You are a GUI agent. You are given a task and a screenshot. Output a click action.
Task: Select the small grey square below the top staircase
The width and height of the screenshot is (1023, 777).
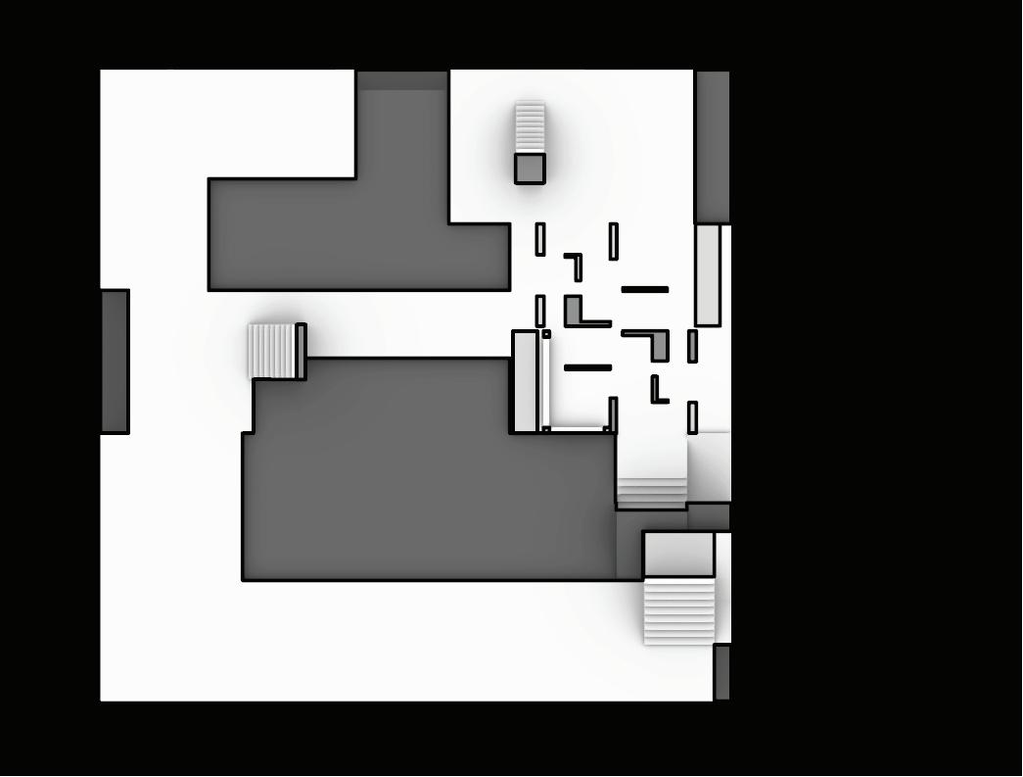530,169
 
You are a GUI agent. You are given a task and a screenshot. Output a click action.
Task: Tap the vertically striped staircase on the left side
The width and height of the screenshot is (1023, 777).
271,351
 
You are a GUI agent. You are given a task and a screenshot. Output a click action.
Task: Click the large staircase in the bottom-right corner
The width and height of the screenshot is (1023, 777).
678,610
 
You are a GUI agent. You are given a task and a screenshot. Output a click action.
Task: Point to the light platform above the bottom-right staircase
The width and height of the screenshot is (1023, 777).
678,555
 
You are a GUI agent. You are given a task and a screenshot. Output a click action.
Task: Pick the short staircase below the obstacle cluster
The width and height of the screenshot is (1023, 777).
651,492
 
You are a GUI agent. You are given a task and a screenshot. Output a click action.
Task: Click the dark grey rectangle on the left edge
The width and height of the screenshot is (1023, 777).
115,362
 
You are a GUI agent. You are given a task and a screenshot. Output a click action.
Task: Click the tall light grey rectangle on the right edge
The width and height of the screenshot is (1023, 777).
708,275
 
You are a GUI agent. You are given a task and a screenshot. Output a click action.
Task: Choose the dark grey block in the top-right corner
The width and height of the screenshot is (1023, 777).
712,147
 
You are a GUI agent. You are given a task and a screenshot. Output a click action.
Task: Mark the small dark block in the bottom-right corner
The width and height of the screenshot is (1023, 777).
721,672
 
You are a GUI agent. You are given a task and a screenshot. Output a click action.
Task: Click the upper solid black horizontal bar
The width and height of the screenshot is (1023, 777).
645,290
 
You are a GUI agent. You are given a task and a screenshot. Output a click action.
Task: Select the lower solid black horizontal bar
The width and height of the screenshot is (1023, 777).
588,368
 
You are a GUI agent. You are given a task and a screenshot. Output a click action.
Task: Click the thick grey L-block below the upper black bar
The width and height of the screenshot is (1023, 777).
659,343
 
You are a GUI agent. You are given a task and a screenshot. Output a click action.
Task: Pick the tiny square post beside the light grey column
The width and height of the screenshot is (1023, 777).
546,334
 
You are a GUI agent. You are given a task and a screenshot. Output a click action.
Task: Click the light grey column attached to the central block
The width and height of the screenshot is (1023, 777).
525,382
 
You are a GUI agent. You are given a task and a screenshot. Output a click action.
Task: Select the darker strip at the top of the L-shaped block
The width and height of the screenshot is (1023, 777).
401,80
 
